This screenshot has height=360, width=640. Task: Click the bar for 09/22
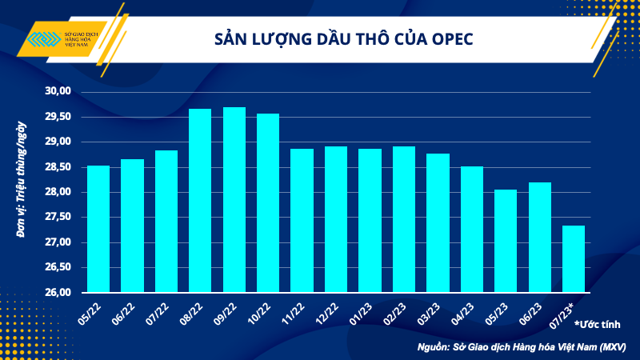point(234,200)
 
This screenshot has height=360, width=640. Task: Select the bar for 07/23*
point(574,259)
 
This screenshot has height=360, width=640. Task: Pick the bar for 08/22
point(200,201)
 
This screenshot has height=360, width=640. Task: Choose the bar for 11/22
point(302,221)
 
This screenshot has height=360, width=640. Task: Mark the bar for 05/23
point(506,241)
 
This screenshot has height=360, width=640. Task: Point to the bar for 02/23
point(404,219)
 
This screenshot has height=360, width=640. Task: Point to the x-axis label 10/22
point(267,311)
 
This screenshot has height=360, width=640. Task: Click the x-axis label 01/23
point(369,311)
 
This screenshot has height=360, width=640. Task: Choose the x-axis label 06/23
point(538,311)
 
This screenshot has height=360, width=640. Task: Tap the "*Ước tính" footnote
point(598,324)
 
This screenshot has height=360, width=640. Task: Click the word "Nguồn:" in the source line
point(436,347)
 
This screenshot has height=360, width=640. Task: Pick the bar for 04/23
point(472,230)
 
